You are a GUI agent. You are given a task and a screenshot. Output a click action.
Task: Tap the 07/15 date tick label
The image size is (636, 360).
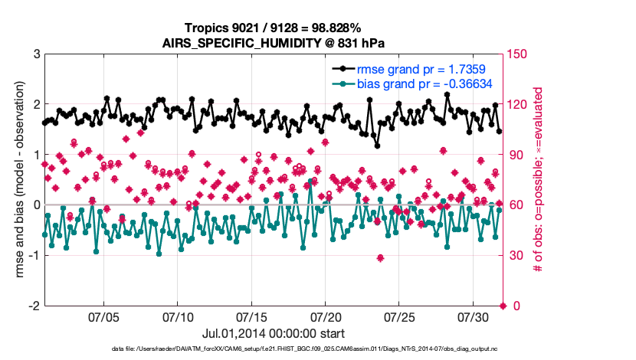(252, 316)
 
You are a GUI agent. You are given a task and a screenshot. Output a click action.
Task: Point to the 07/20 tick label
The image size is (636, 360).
(326, 316)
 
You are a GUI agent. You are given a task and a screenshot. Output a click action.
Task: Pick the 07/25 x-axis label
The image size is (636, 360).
(399, 316)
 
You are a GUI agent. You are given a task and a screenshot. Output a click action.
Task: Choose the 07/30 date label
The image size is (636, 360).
(473, 316)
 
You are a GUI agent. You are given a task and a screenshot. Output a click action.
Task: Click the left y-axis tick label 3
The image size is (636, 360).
(35, 54)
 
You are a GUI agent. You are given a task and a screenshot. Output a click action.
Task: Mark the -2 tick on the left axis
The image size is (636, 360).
(33, 306)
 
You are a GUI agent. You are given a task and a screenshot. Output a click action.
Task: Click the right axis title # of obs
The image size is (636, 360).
(539, 180)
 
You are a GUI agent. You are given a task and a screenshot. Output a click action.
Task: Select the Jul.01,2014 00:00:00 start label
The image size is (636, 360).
(273, 333)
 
